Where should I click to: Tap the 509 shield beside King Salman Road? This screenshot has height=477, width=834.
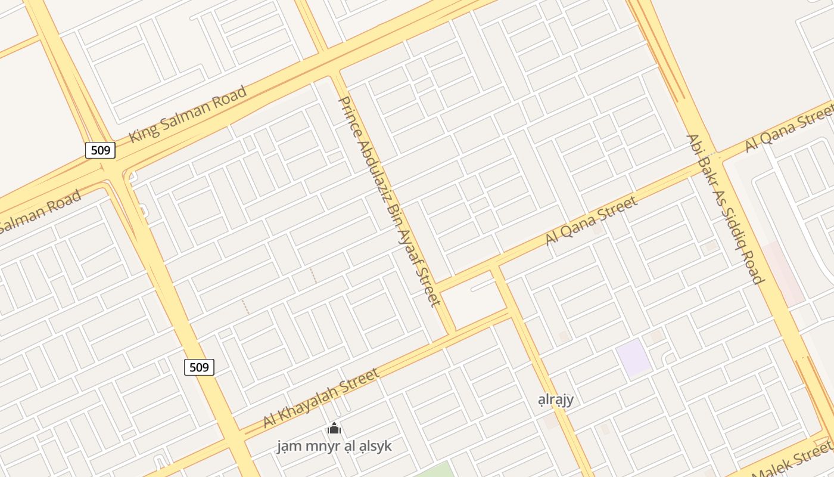pyautogui.click(x=100, y=150)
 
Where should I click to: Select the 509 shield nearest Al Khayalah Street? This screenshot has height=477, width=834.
pyautogui.click(x=199, y=367)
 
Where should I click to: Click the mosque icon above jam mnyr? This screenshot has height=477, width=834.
pyautogui.click(x=334, y=428)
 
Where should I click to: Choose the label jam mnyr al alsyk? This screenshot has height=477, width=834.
pyautogui.click(x=334, y=446)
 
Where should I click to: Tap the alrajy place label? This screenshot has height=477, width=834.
pyautogui.click(x=555, y=399)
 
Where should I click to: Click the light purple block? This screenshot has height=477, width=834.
pyautogui.click(x=633, y=358)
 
